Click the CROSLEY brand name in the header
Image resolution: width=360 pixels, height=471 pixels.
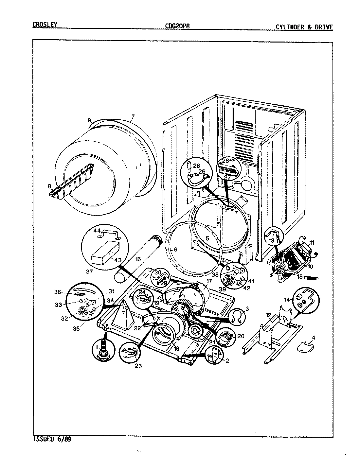point(45,25)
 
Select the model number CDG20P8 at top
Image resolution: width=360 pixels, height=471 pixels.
point(177,26)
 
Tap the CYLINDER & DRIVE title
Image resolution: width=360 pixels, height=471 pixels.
point(304,27)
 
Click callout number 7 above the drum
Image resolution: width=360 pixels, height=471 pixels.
point(133,116)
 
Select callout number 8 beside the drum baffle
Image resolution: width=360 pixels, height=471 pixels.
point(49,186)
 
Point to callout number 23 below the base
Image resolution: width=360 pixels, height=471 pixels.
point(138,366)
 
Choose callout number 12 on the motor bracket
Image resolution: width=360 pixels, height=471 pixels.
point(269,315)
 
